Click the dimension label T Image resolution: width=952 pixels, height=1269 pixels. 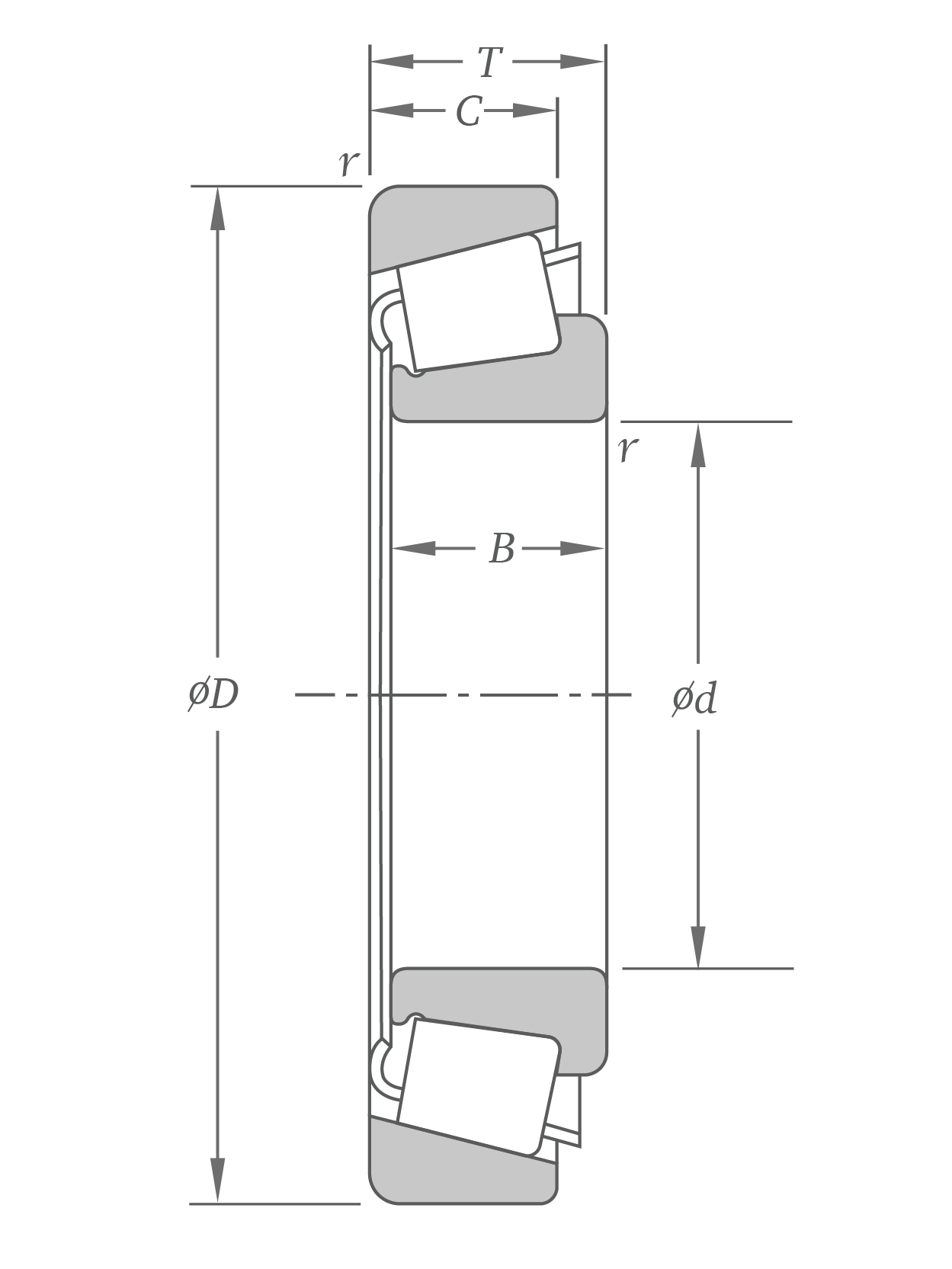[x=489, y=62]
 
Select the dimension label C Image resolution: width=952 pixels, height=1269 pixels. [x=468, y=111]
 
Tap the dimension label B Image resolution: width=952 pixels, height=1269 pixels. [x=502, y=549]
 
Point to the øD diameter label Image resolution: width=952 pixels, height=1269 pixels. [x=214, y=694]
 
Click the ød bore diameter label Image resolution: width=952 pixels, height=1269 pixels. [x=694, y=698]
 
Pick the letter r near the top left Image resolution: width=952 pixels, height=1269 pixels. [x=348, y=162]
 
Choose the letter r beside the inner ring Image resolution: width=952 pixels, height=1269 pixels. [x=627, y=449]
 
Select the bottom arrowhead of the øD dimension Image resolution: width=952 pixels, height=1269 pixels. [x=218, y=1181]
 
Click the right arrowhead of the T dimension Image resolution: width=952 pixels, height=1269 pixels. [x=584, y=62]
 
